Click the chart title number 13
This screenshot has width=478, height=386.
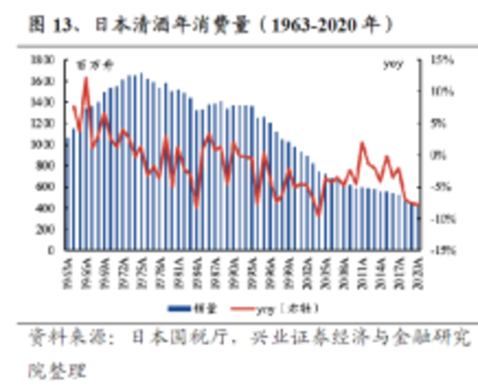coord(61,25)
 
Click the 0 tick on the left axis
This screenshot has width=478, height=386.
coord(51,250)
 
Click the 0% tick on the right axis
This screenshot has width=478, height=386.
coord(438,155)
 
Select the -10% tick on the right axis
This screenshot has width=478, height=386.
coord(443,219)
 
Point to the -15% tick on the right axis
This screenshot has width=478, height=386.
coord(443,251)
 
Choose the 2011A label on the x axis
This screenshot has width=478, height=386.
coord(362,273)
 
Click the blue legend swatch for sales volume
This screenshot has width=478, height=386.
coord(179,309)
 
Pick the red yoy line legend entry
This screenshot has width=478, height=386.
coord(243,309)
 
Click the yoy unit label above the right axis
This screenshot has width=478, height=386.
coord(393,64)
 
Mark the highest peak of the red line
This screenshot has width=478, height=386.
coord(86,78)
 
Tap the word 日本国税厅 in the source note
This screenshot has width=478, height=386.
coord(179,337)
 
